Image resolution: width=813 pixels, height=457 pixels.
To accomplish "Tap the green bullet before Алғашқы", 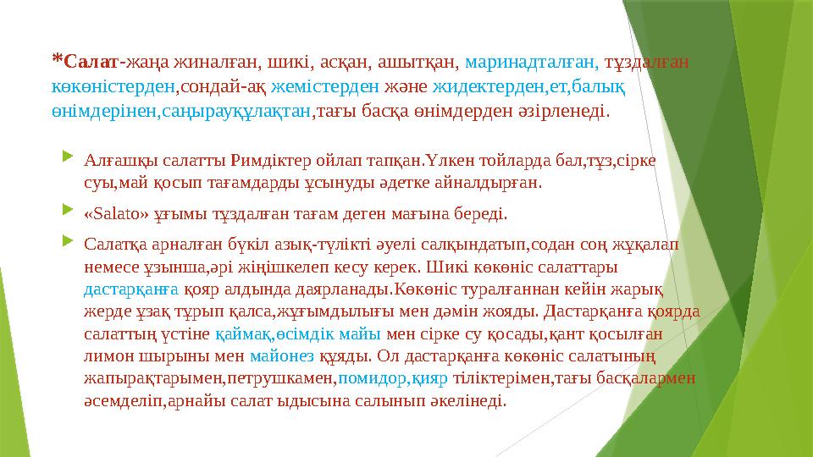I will tap(69, 157).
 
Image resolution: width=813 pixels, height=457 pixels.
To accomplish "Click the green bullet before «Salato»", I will tap(69, 212).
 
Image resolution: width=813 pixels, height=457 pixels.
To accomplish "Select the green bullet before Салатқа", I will tap(69, 244).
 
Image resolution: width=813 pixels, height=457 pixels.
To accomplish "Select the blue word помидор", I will tap(367, 379).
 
